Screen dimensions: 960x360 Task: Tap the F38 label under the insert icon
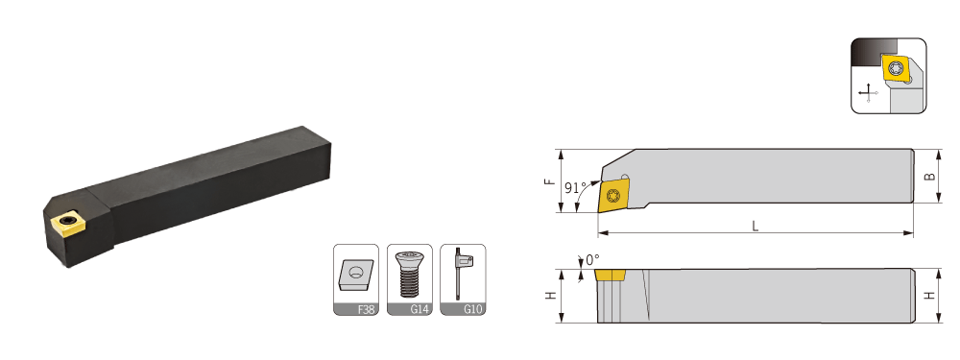pos(366,309)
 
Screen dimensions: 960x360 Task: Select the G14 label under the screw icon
pos(419,309)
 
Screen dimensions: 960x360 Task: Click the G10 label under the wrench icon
pos(472,309)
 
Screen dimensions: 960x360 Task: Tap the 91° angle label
pos(575,187)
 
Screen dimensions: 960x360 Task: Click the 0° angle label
pos(592,259)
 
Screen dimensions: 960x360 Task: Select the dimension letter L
pos(756,226)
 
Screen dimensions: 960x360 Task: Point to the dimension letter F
pos(550,181)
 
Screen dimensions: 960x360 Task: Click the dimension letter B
pos(929,177)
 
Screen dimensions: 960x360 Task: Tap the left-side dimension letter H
pos(551,295)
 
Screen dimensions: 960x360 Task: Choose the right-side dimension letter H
pos(930,295)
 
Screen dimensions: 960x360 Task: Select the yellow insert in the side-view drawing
pos(609,275)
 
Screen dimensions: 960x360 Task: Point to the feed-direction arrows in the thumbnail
pos(868,92)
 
